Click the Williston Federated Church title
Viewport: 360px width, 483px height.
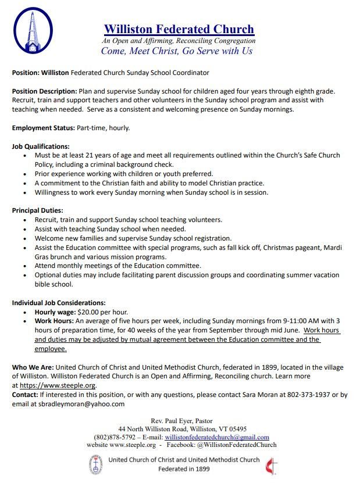(x=179, y=29)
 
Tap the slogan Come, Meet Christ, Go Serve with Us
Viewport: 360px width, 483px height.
(x=177, y=51)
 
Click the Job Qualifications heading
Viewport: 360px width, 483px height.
(x=41, y=146)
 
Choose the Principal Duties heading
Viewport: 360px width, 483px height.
(x=37, y=210)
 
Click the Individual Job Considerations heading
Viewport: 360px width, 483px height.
(x=59, y=302)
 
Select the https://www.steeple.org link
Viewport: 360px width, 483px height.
(x=58, y=385)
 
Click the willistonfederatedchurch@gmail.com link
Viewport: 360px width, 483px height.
(x=216, y=437)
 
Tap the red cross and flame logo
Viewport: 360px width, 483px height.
(x=269, y=464)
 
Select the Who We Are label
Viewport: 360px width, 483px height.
(x=32, y=367)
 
